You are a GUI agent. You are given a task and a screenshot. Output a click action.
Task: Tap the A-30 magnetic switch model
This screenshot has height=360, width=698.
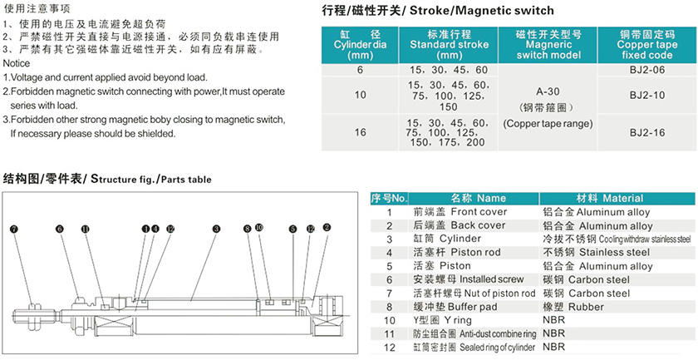click(544, 92)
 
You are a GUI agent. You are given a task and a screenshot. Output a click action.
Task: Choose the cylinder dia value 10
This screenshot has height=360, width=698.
click(360, 96)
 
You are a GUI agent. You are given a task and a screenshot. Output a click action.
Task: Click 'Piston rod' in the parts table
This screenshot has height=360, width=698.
click(474, 253)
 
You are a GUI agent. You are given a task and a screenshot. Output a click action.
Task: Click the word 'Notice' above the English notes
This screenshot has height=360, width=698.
click(17, 63)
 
